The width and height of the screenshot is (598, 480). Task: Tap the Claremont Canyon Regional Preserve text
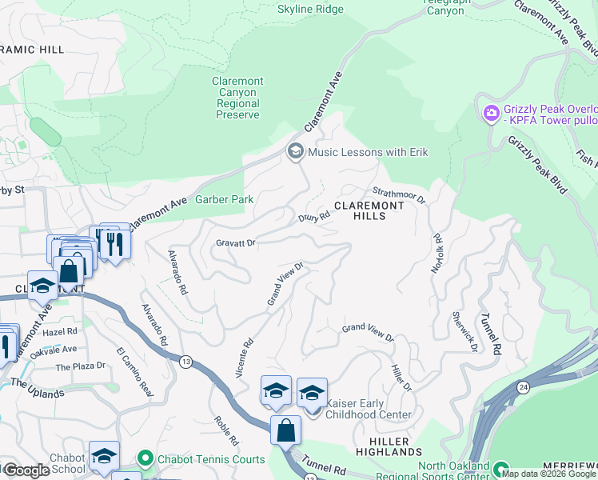237,98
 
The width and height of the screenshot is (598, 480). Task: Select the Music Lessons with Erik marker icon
295,151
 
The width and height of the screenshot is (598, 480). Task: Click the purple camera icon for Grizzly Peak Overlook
490,113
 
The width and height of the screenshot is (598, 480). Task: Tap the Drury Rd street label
314,216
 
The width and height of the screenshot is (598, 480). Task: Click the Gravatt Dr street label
235,242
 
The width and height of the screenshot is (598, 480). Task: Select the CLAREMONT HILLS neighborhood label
369,211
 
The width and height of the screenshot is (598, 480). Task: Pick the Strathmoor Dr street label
400,193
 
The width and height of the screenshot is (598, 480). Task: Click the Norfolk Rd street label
437,254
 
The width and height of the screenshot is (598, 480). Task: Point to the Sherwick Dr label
464,332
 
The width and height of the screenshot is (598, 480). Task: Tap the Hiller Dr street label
401,376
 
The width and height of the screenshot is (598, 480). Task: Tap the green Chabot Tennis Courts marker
145,459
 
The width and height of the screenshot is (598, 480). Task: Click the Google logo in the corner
26,470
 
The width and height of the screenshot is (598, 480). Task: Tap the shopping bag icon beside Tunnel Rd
285,431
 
